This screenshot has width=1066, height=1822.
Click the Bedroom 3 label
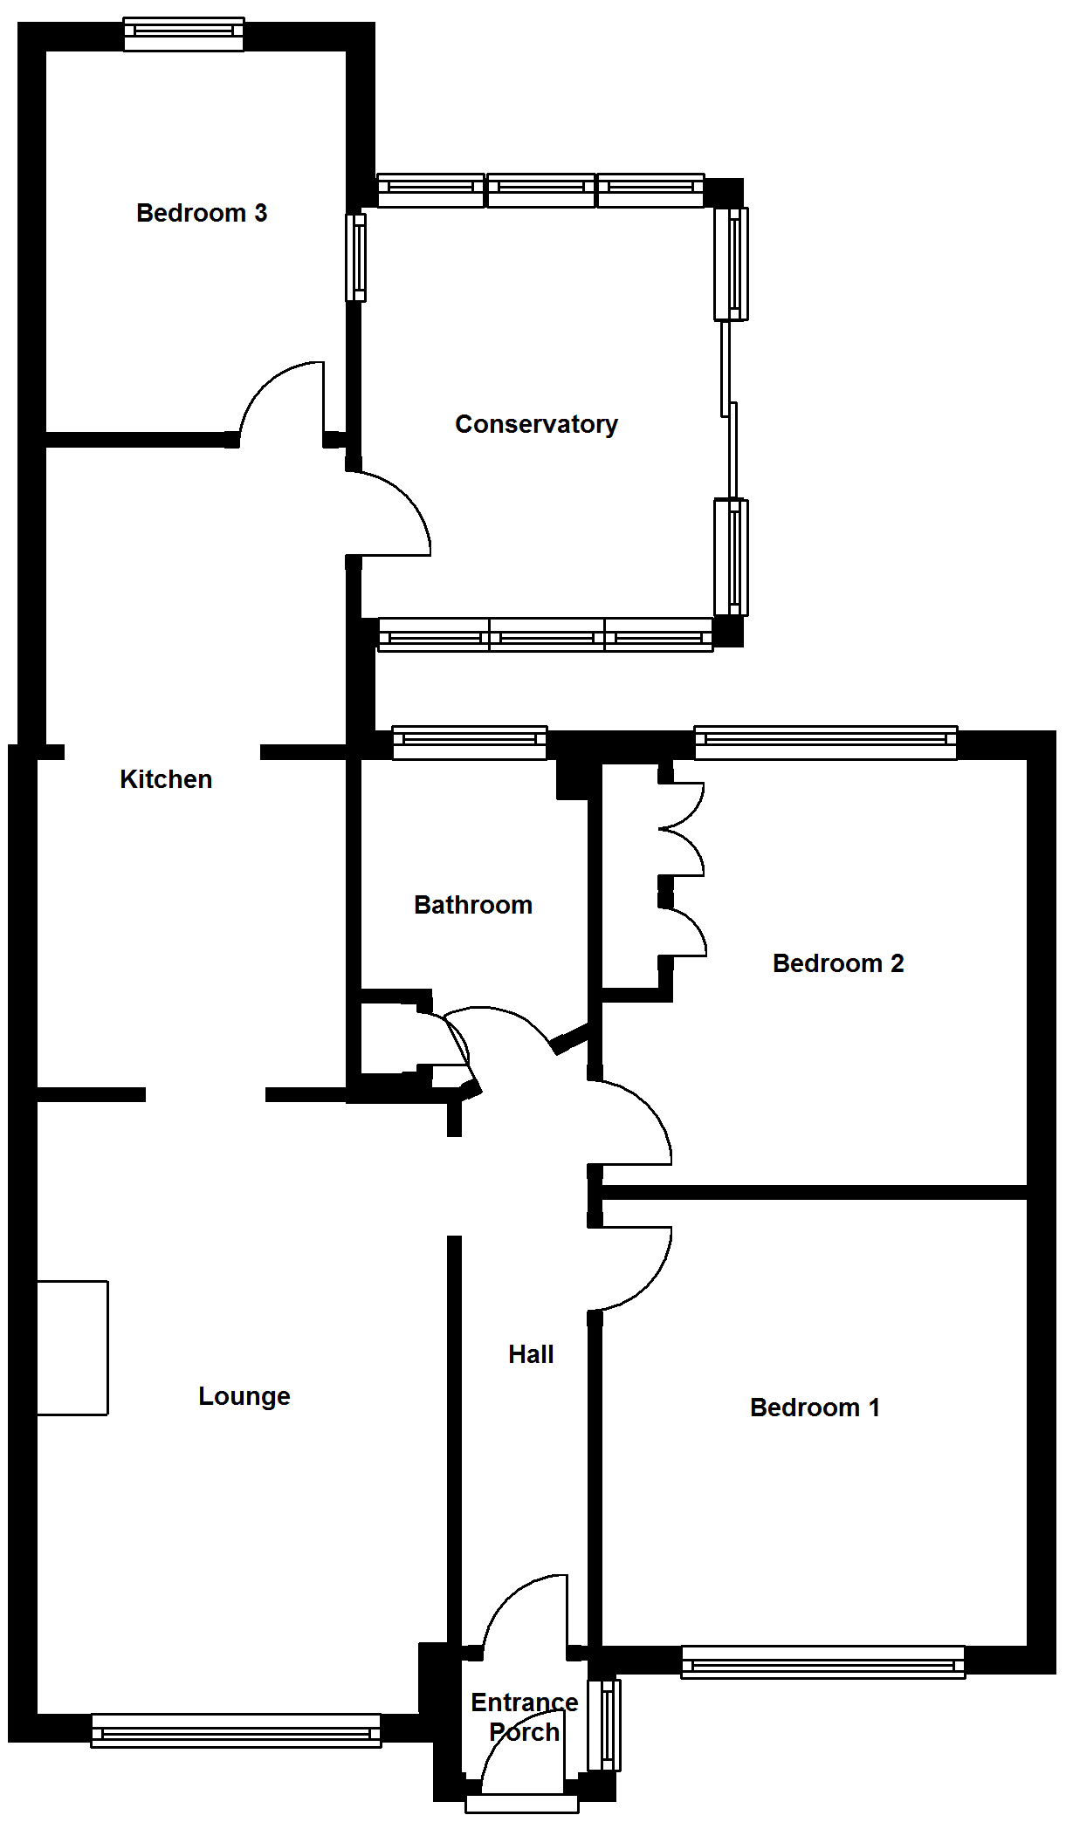pos(202,213)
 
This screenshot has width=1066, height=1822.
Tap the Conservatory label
pos(536,424)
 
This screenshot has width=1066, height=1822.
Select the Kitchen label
pos(166,779)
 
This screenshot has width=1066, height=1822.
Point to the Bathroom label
pos(473,905)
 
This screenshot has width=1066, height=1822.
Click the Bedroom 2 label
pos(838,963)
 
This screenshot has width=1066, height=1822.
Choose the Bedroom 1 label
pos(815,1408)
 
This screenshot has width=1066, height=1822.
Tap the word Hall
pos(531,1354)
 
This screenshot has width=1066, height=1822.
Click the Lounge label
pos(244,1396)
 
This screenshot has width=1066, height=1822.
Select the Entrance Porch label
pos(524,1717)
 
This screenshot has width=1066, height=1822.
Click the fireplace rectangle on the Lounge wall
pos(72,1347)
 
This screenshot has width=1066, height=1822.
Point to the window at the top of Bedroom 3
pos(183,33)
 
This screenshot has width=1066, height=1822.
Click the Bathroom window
pos(470,741)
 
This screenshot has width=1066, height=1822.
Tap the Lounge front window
pos(236,1730)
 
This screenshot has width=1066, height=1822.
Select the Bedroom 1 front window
pos(822,1662)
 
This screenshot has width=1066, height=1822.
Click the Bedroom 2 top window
pos(826,741)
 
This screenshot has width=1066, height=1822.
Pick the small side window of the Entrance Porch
pos(604,1724)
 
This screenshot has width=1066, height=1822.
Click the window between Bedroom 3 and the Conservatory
pos(356,257)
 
